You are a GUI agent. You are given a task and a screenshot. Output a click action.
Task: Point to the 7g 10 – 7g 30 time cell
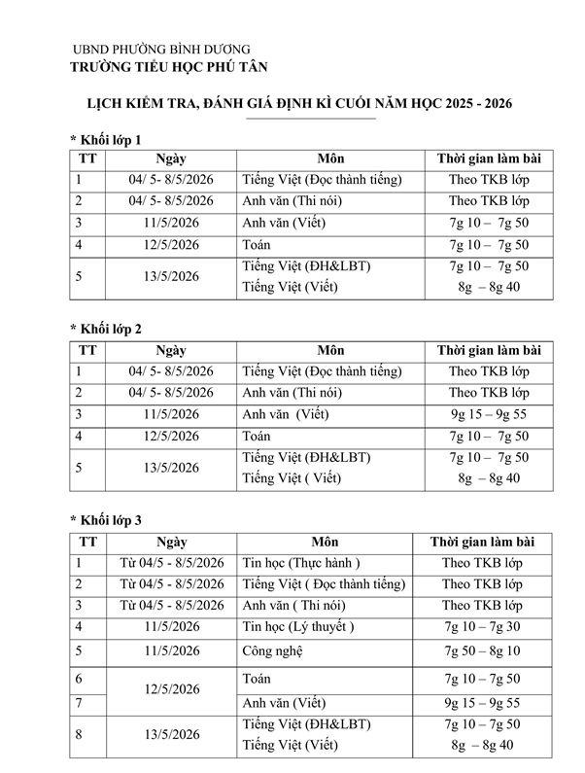point(482,626)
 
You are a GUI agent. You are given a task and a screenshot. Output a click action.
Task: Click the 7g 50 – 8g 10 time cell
point(482,650)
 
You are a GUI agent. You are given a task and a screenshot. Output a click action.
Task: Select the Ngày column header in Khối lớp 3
point(171,542)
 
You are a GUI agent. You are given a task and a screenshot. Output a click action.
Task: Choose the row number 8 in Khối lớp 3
point(79,735)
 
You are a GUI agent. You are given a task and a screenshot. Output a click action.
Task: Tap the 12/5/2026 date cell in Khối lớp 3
point(171,689)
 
